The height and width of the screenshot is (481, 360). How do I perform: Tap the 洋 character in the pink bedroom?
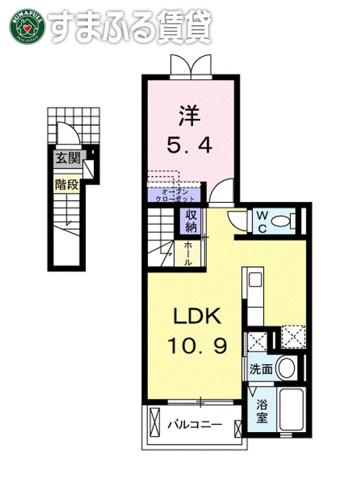tap(188, 116)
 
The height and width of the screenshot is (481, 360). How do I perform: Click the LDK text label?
tap(196, 317)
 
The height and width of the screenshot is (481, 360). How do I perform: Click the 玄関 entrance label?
tap(66, 158)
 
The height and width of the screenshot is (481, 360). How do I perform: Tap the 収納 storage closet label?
tap(191, 221)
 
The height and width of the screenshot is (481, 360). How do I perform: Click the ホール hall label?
tap(188, 253)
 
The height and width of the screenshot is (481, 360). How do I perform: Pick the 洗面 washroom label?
tap(260, 369)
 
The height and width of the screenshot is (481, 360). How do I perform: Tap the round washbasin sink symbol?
tap(286, 367)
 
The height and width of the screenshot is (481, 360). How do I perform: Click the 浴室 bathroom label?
tap(262, 410)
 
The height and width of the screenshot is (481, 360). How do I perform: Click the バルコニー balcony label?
tap(193, 424)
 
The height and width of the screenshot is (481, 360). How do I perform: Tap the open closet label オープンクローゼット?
tap(174, 194)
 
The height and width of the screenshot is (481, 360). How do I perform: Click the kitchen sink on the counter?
tap(253, 280)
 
